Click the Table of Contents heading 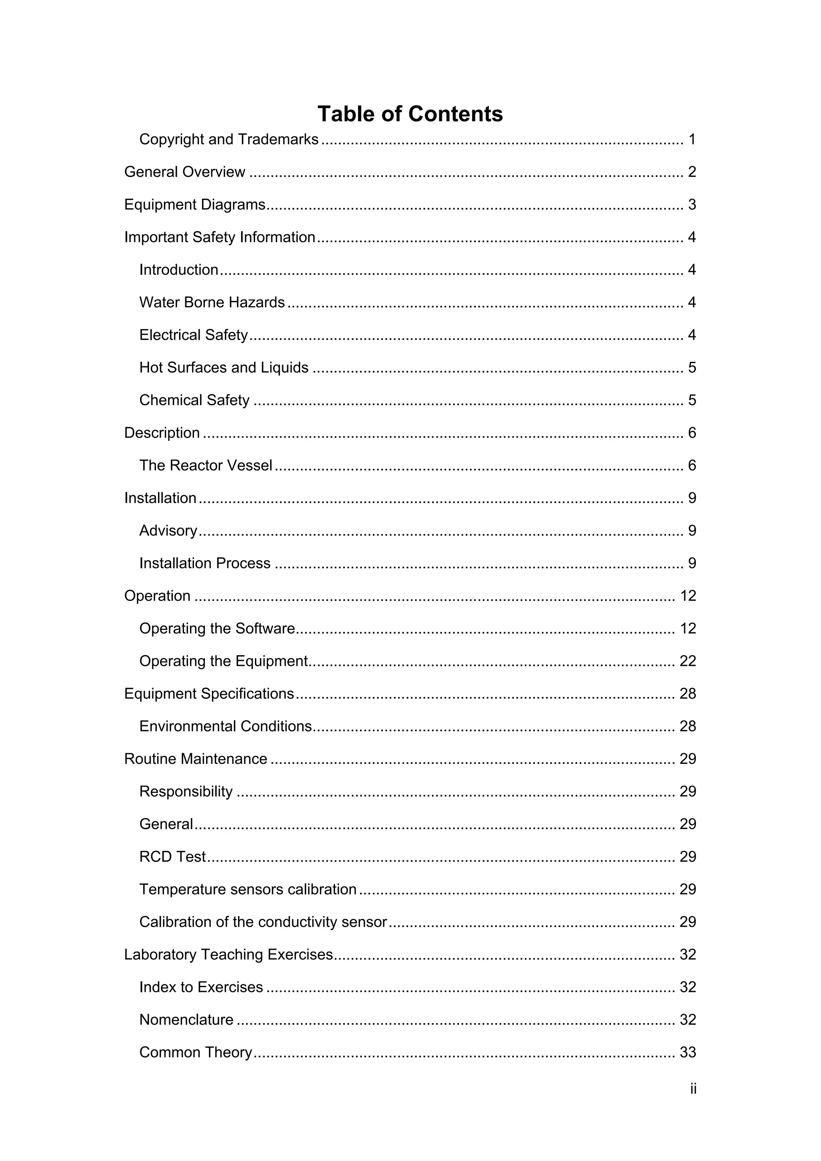[410, 114]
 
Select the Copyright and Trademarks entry [229, 139]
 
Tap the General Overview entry [185, 172]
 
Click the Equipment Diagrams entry [195, 204]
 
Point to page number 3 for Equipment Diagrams [692, 204]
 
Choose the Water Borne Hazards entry [212, 303]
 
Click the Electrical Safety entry [194, 335]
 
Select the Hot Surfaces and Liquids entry [224, 367]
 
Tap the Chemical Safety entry [194, 400]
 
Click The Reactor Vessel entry [206, 465]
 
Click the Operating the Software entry [217, 628]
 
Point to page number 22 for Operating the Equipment [688, 661]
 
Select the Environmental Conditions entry [226, 726]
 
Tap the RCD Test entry [172, 856]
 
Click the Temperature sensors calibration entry [248, 889]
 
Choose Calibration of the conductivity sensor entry [263, 922]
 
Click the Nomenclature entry [186, 1020]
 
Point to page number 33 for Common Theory [688, 1052]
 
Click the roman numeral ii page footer [693, 1088]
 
